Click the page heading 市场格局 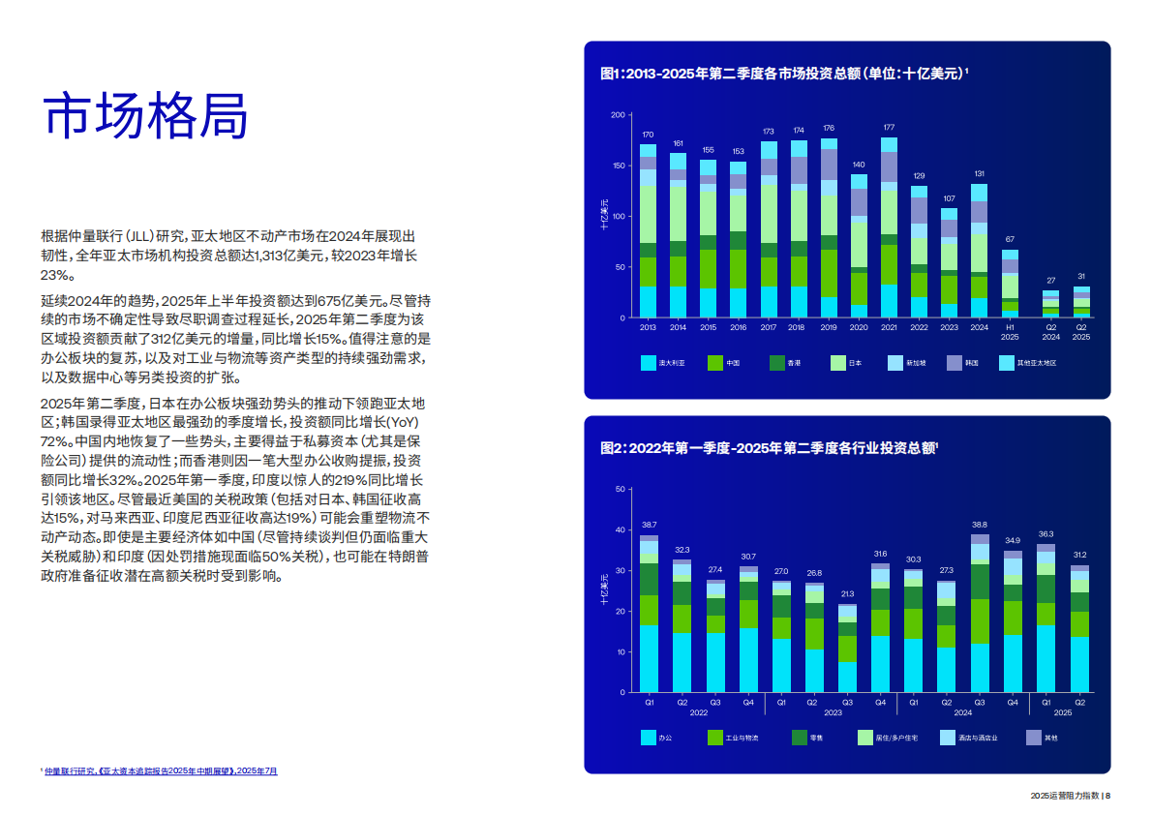pos(146,116)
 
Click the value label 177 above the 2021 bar pos(889,128)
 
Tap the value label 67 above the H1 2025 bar pos(1010,239)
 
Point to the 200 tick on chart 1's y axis pos(618,115)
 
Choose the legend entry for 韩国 pos(969,363)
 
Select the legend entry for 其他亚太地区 pos(1033,363)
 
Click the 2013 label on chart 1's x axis pos(648,327)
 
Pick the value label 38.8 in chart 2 pos(980,524)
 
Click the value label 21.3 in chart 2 pos(847,593)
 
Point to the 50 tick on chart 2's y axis pos(621,490)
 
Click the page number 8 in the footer pos(1107,796)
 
